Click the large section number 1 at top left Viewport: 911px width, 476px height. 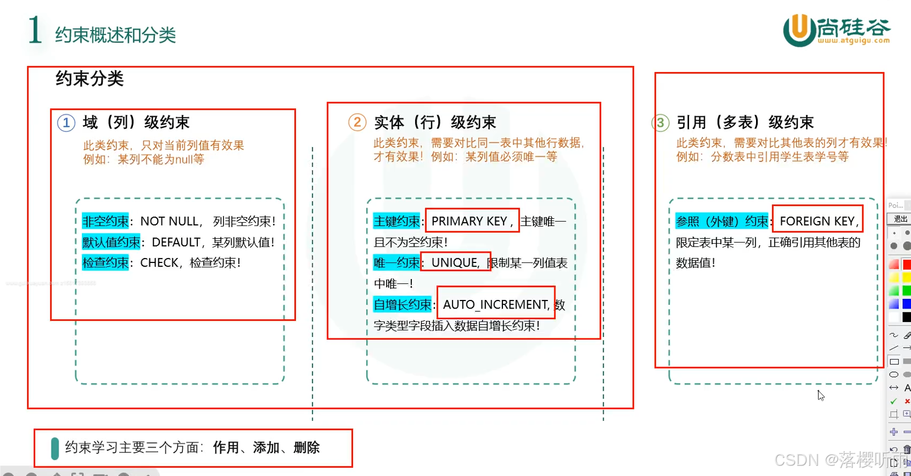coord(35,30)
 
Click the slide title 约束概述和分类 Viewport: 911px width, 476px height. coord(115,35)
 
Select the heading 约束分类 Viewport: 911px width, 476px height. coord(90,79)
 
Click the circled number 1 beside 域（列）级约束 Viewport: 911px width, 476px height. coord(66,123)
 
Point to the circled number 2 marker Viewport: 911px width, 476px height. coord(357,122)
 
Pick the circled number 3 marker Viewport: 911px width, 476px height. coord(661,123)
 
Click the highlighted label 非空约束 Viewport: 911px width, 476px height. coord(106,221)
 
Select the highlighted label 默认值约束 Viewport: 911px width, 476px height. coord(111,242)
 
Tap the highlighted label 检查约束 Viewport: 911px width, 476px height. coord(106,262)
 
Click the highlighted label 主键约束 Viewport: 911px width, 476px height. coord(397,221)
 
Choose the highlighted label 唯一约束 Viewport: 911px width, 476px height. coord(397,262)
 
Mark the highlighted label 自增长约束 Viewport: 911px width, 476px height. coord(402,305)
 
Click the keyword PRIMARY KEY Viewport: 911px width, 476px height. coord(469,221)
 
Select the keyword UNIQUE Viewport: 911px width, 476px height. coord(454,262)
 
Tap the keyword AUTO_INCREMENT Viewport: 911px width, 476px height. coord(495,305)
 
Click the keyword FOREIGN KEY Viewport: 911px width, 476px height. coord(817,221)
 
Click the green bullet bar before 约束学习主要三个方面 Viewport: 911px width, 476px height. coord(55,448)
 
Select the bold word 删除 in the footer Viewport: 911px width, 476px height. coord(307,448)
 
